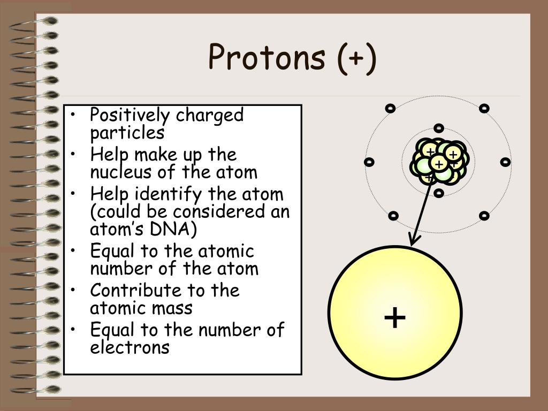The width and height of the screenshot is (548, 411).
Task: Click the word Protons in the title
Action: (x=267, y=57)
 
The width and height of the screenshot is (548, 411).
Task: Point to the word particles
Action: (x=127, y=132)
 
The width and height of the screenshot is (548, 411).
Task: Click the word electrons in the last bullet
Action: (x=130, y=348)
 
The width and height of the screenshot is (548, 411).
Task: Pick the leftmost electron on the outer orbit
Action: (x=368, y=162)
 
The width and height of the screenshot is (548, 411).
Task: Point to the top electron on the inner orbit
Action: (x=439, y=128)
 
